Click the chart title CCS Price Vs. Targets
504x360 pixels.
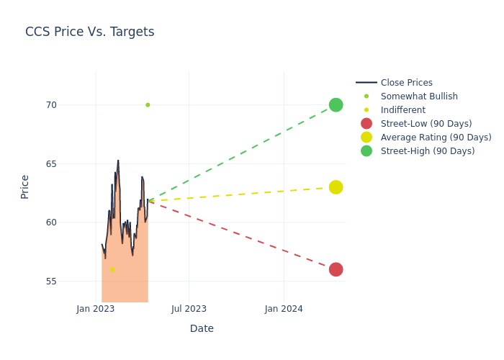point(89,32)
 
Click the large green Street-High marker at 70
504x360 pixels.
point(336,105)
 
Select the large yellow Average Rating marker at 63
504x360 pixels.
point(336,187)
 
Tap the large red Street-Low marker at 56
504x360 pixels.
point(336,269)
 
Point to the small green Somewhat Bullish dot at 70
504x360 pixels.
point(148,105)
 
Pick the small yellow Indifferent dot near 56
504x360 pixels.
point(112,270)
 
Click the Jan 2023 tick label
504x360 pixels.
point(96,309)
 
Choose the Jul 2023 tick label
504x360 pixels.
point(189,309)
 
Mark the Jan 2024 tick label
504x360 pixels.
point(284,309)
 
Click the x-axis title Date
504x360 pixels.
point(202,328)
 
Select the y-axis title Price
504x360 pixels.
point(25,186)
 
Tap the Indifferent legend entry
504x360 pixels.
point(402,110)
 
